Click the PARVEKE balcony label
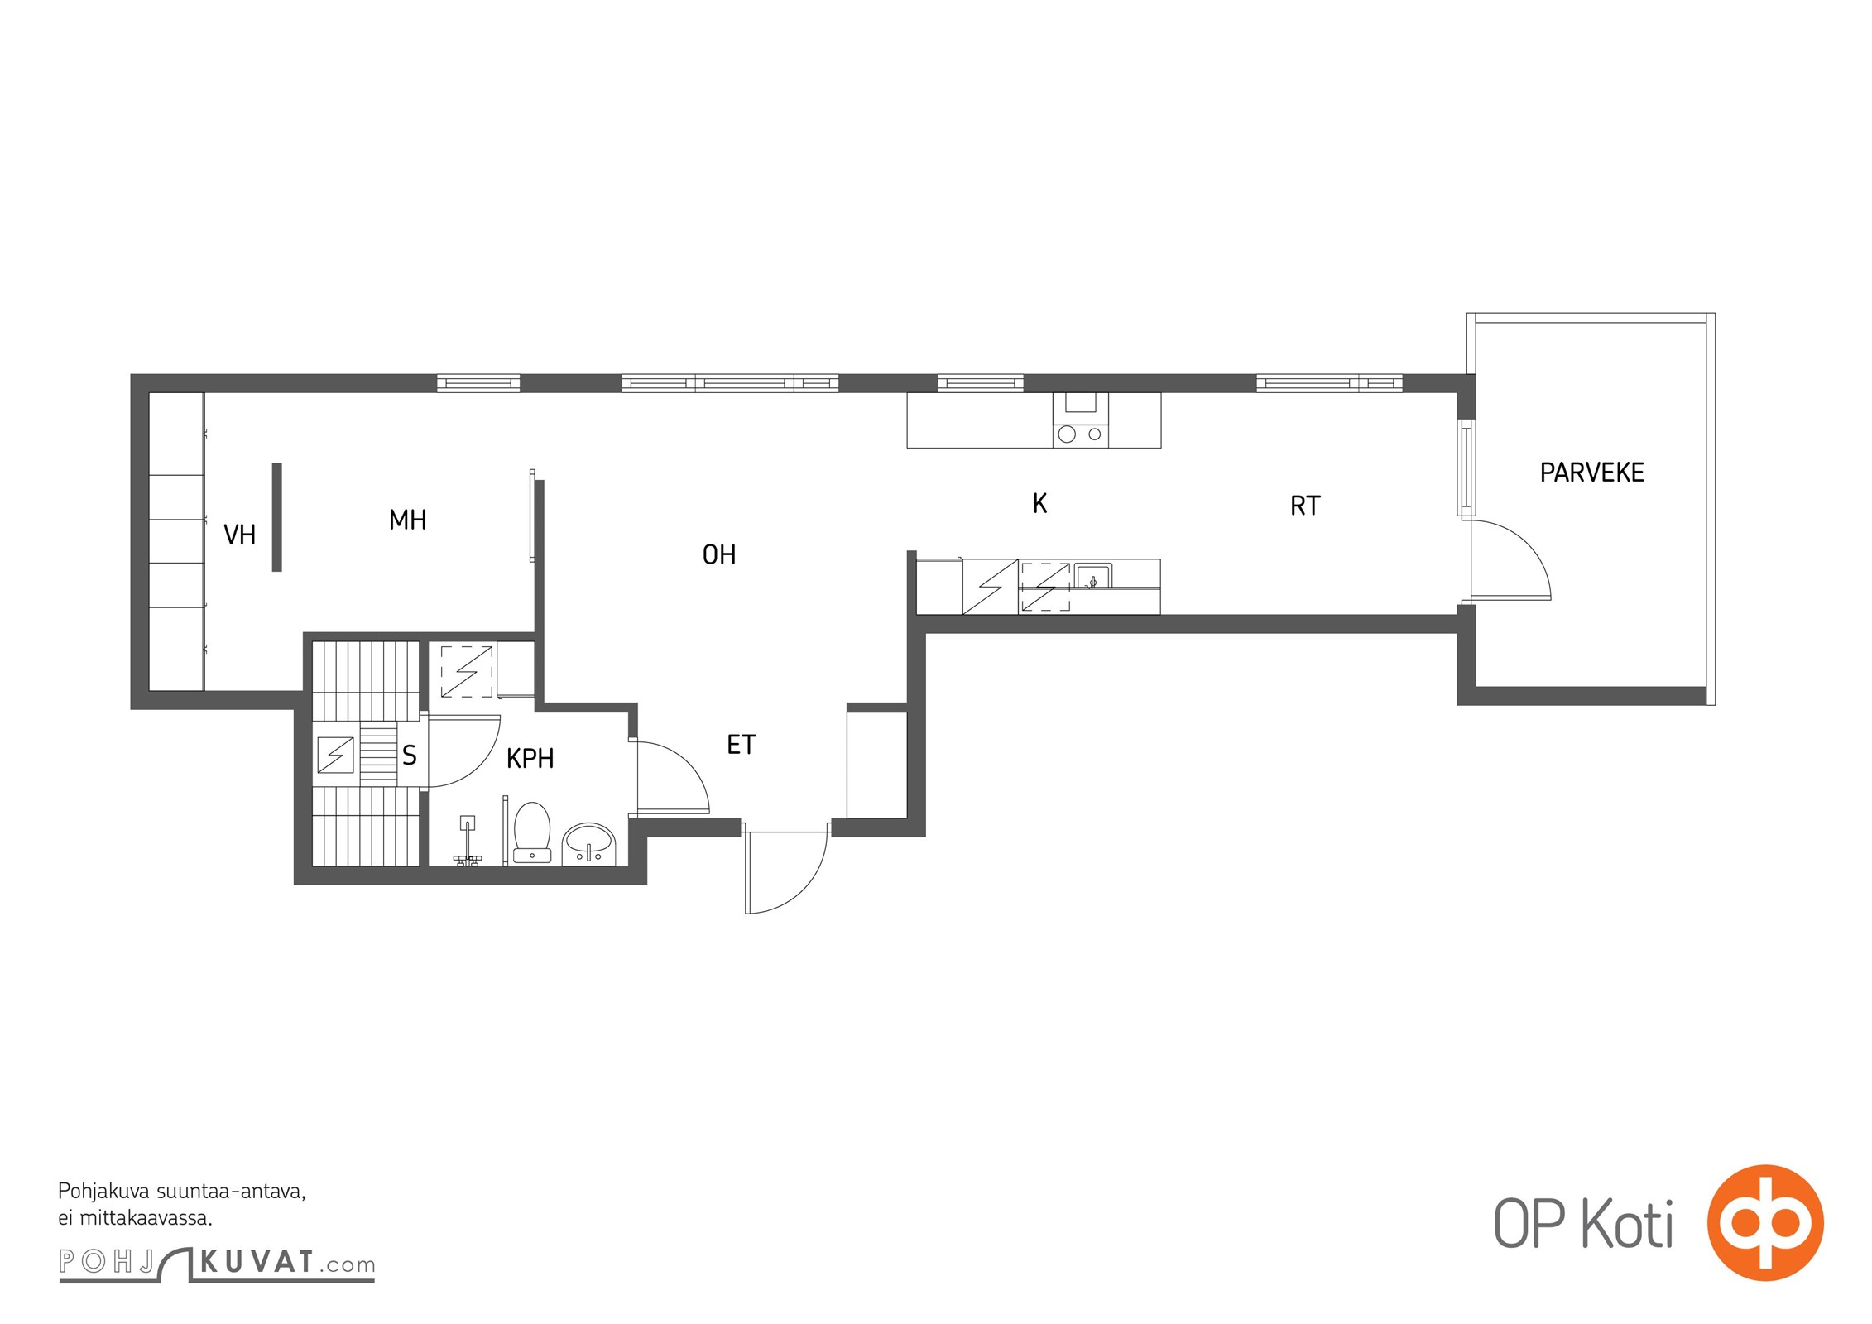point(1591,473)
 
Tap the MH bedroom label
point(408,520)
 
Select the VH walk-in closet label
point(240,535)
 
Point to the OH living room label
point(719,554)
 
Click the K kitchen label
point(1040,503)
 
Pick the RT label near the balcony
point(1305,506)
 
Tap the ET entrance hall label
point(742,745)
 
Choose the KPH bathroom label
point(530,758)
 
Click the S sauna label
point(410,755)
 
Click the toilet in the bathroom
point(532,832)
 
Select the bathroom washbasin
point(588,844)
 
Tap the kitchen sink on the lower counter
point(1092,576)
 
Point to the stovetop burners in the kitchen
point(1080,434)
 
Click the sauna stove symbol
point(336,755)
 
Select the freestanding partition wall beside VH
point(277,517)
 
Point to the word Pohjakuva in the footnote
point(103,1192)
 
